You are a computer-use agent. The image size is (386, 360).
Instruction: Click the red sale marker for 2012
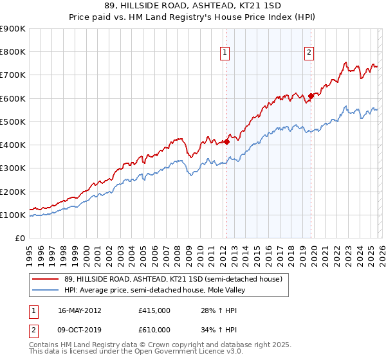(x=226, y=141)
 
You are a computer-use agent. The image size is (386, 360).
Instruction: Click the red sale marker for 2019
(x=311, y=96)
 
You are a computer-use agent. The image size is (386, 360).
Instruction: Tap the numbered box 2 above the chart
(x=309, y=53)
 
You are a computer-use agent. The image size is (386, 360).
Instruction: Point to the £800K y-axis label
(x=12, y=52)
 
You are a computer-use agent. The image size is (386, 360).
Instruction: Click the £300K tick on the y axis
(x=12, y=168)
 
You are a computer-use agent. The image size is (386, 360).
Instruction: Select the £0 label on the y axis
(x=19, y=239)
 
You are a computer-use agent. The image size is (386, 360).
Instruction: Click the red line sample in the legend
(x=46, y=279)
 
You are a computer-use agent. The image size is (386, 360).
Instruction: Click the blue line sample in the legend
(x=46, y=290)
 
